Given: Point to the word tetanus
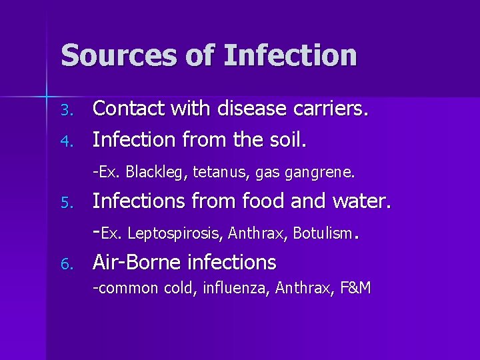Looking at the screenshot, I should (217, 172).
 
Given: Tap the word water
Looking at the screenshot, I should (360, 201).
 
